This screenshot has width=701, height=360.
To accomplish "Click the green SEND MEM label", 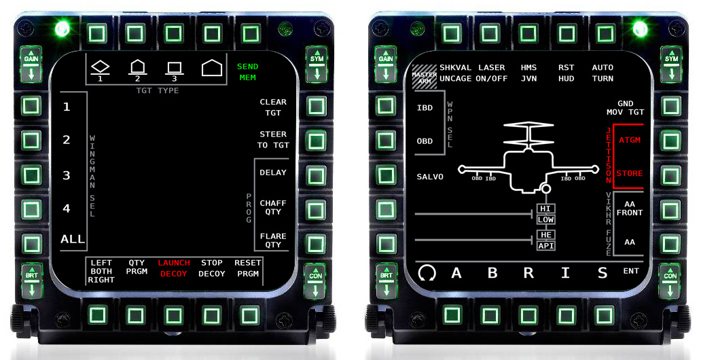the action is [x=248, y=72].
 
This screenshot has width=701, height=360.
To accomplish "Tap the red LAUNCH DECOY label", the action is [x=174, y=268].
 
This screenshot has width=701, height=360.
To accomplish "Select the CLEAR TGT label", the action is [x=273, y=107].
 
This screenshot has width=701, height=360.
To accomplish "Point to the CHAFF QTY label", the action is [x=273, y=207].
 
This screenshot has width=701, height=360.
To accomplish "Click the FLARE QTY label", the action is [x=273, y=240].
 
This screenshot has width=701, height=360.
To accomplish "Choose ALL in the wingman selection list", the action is [x=73, y=239].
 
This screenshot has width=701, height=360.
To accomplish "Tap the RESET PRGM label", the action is [x=248, y=268].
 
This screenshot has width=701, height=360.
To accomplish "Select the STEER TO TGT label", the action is [x=273, y=139].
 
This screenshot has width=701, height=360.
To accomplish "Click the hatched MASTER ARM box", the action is [x=425, y=77].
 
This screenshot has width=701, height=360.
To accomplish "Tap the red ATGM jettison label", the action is [x=630, y=140].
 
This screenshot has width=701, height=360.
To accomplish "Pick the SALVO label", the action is [x=430, y=177].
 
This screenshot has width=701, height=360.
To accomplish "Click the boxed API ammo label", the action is [x=546, y=245].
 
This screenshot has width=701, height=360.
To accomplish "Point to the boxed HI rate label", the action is [x=545, y=209].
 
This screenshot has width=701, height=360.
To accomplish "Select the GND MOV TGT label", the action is [x=626, y=108].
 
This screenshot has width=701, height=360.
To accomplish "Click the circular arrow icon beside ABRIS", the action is [x=427, y=272].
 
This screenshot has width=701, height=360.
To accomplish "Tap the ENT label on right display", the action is [x=631, y=271].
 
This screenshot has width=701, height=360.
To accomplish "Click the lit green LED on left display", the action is [x=62, y=29].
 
